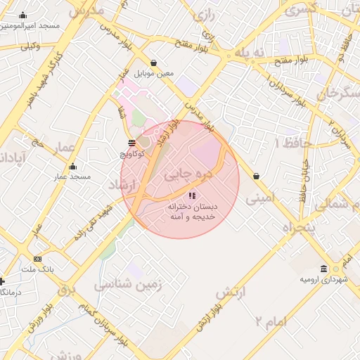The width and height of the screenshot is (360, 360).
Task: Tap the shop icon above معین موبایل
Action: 154,63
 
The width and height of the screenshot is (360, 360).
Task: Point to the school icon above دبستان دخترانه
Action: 193,195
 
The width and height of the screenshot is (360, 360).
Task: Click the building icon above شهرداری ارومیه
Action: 323,269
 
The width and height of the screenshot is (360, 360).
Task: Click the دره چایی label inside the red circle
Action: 182,173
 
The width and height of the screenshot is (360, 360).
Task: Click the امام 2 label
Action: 271,321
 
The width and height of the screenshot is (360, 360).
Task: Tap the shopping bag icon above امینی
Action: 255,176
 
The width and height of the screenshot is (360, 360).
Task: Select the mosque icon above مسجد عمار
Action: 72,167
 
